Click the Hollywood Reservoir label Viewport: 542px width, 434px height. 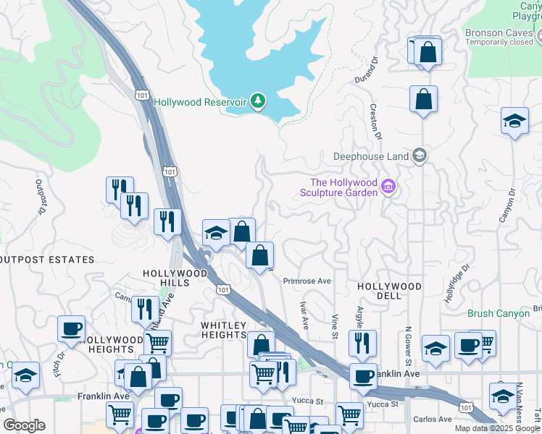(200, 103)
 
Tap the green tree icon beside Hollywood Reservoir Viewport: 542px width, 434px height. (257, 102)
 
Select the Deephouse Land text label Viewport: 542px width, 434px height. (371, 156)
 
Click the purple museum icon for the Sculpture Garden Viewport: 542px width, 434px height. (388, 187)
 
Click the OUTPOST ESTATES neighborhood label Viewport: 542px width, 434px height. (47, 259)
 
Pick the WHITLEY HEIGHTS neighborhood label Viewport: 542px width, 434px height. (224, 331)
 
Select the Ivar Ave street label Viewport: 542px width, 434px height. (304, 316)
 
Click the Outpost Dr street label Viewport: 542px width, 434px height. (39, 197)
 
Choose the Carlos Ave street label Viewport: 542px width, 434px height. (433, 420)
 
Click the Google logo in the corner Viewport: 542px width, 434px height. (24, 425)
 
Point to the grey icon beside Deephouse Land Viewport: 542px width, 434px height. (419, 156)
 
